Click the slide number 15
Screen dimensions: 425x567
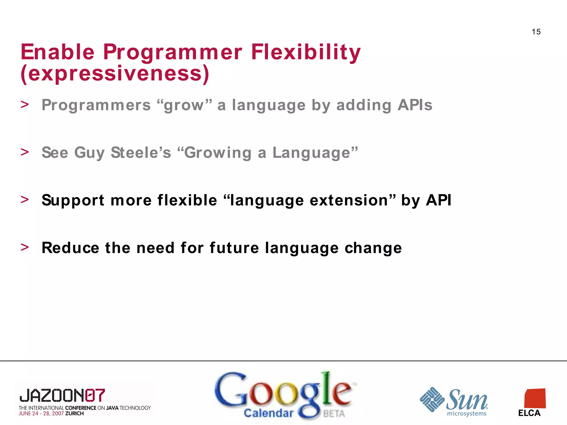(x=536, y=32)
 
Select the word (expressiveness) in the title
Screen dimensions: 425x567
(x=115, y=74)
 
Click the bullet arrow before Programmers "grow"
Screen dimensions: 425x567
(x=25, y=105)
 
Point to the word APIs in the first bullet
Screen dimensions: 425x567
(x=415, y=105)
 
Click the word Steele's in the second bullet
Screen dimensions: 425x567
(x=141, y=152)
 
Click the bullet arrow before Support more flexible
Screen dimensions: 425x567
(x=25, y=199)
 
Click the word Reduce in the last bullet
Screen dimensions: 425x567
(x=70, y=248)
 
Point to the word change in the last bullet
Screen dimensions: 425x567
(x=373, y=248)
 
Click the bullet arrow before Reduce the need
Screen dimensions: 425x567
(x=25, y=247)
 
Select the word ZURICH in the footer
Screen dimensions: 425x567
(x=74, y=413)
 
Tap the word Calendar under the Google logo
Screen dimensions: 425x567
(x=268, y=413)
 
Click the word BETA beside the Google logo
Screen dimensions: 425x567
(x=334, y=414)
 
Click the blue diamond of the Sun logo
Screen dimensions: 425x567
(x=432, y=400)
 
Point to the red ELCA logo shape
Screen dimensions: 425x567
(x=535, y=398)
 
